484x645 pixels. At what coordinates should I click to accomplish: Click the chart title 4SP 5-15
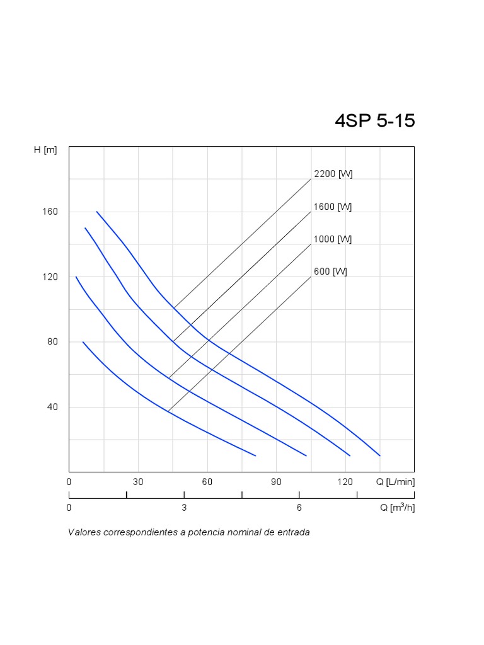coord(374,120)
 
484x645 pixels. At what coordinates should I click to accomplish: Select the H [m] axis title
coord(45,150)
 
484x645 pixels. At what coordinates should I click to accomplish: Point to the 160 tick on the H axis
coord(50,212)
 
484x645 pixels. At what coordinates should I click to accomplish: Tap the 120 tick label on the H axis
coord(50,277)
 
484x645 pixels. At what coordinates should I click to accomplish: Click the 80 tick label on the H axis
coord(53,342)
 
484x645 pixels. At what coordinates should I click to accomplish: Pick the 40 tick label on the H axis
coord(53,407)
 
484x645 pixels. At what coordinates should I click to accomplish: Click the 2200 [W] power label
coord(333,174)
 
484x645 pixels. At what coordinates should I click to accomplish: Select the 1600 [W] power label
coord(333,207)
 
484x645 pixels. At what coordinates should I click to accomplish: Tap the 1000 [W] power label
coord(333,239)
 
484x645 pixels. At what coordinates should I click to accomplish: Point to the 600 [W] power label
coord(330,272)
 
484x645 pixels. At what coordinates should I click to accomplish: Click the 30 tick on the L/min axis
coord(138,482)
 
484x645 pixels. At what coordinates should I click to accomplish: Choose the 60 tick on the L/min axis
coord(207,482)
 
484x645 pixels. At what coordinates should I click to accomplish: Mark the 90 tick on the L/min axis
coord(276,482)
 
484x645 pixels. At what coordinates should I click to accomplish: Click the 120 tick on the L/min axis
coord(345,482)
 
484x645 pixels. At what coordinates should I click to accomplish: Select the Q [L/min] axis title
coord(395,482)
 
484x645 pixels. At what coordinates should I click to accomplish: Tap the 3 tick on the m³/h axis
coord(184,508)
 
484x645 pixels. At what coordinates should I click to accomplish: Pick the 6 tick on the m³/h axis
coord(299,508)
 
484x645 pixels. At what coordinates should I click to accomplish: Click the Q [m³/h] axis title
coord(397,508)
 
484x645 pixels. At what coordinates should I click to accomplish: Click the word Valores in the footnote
coord(84,532)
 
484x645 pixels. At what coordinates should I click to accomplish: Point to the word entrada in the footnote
coord(292,532)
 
